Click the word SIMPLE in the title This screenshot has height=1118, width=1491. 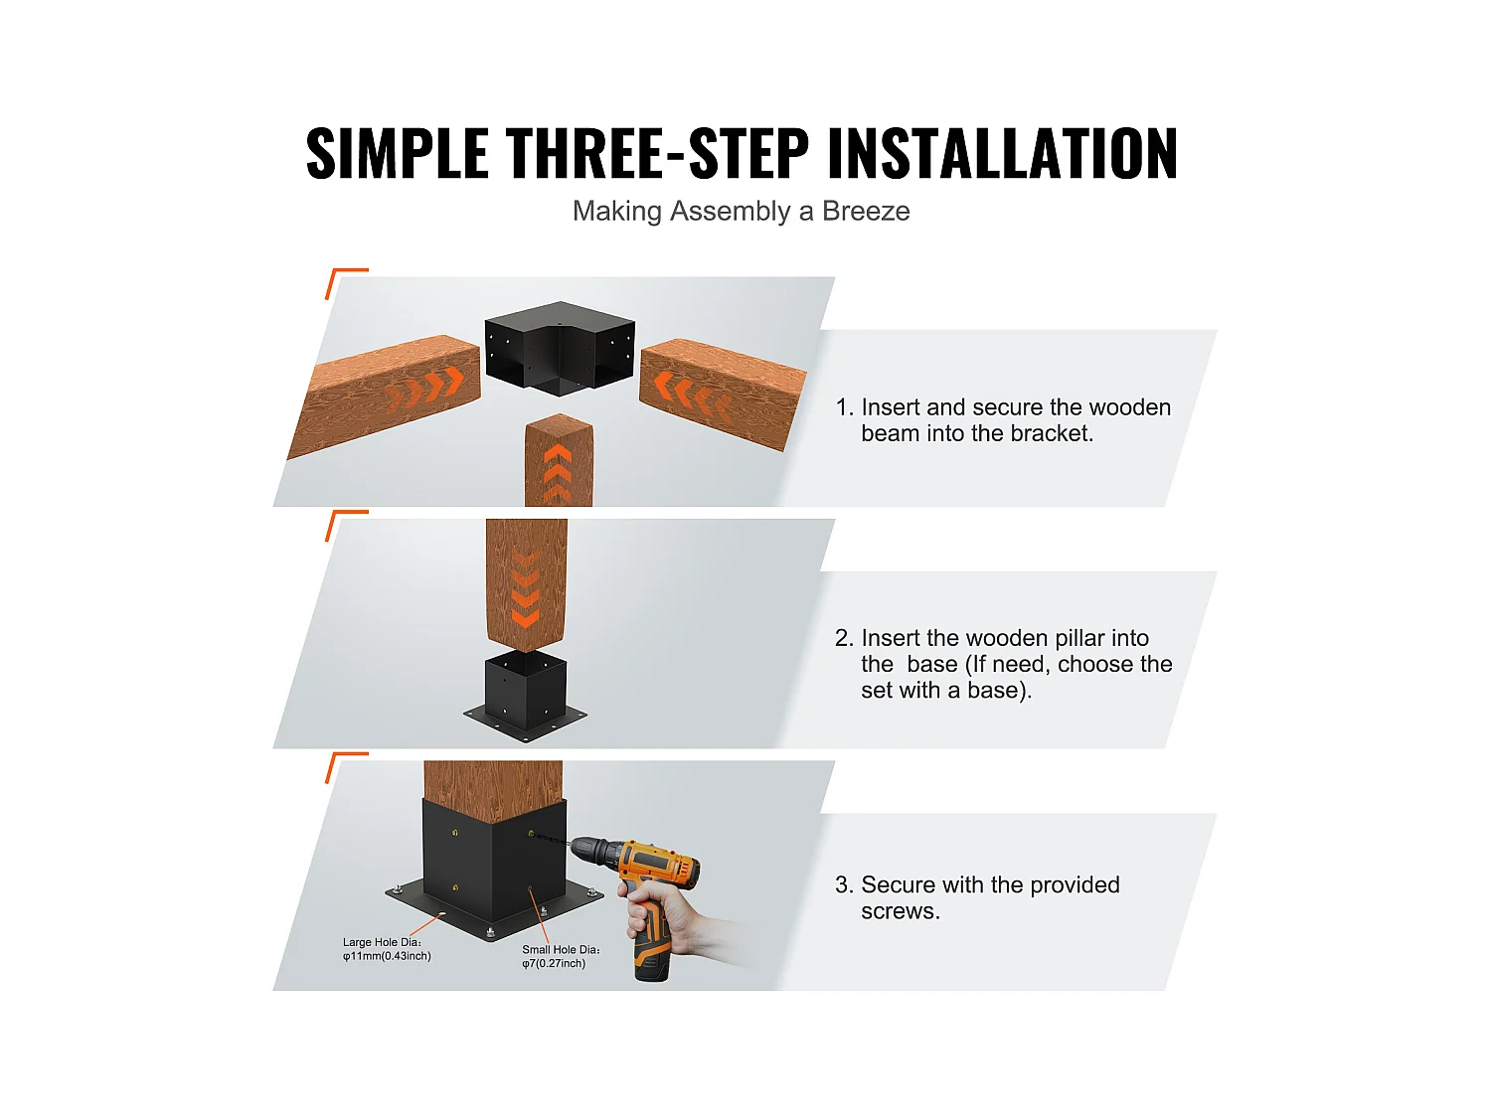(x=397, y=154)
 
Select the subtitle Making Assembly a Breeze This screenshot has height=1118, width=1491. (x=741, y=212)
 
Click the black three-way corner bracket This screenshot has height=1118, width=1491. (x=559, y=348)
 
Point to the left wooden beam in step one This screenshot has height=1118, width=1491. (x=388, y=393)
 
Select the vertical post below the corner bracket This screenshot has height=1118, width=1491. (x=559, y=462)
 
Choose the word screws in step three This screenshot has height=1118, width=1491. (x=899, y=911)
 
